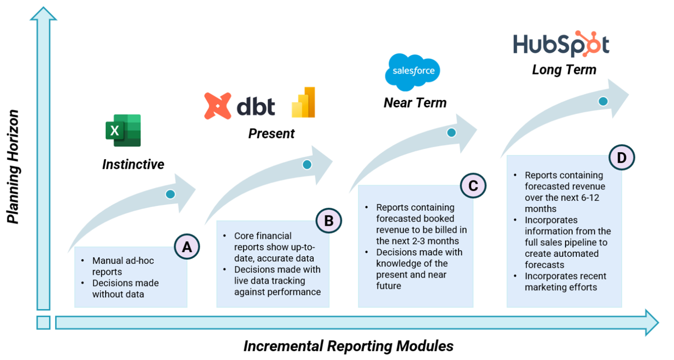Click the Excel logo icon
point(123,130)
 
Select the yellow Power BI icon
point(303,102)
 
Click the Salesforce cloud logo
point(412,72)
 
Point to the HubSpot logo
point(561,45)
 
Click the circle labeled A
point(187,247)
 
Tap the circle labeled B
point(329,220)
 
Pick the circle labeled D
point(622,158)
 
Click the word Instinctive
point(133,164)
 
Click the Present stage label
point(271,133)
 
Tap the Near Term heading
point(415,103)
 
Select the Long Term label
point(564,70)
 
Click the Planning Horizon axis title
point(14,167)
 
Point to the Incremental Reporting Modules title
point(348,346)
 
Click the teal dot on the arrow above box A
point(170,194)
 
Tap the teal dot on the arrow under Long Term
point(602,101)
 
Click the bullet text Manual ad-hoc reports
point(123,266)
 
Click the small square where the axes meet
point(43,323)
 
